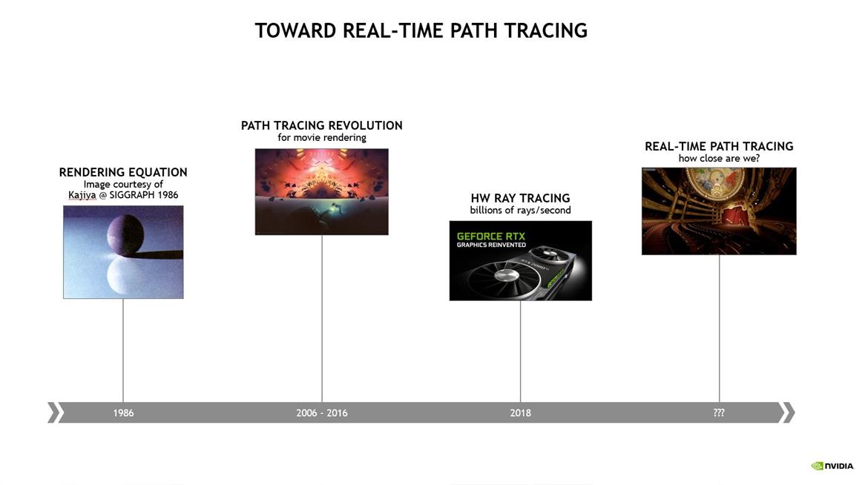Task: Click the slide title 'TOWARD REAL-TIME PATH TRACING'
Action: click(421, 30)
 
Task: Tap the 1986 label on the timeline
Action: click(123, 413)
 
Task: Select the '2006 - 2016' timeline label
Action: click(322, 413)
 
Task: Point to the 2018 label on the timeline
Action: click(520, 413)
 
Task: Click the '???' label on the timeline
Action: click(719, 413)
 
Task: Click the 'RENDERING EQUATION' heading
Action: click(123, 172)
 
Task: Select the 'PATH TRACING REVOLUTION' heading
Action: click(322, 125)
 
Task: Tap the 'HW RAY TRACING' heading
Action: click(520, 198)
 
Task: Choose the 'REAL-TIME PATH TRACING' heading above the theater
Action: click(719, 146)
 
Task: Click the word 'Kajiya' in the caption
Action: click(82, 195)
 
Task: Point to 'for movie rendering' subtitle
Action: click(322, 137)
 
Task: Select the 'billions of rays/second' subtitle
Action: click(520, 211)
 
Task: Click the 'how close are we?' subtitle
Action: click(719, 159)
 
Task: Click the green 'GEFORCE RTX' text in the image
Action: click(491, 237)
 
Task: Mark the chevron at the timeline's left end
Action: click(53, 413)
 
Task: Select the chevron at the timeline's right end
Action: click(789, 413)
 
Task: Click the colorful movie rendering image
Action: click(322, 191)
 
